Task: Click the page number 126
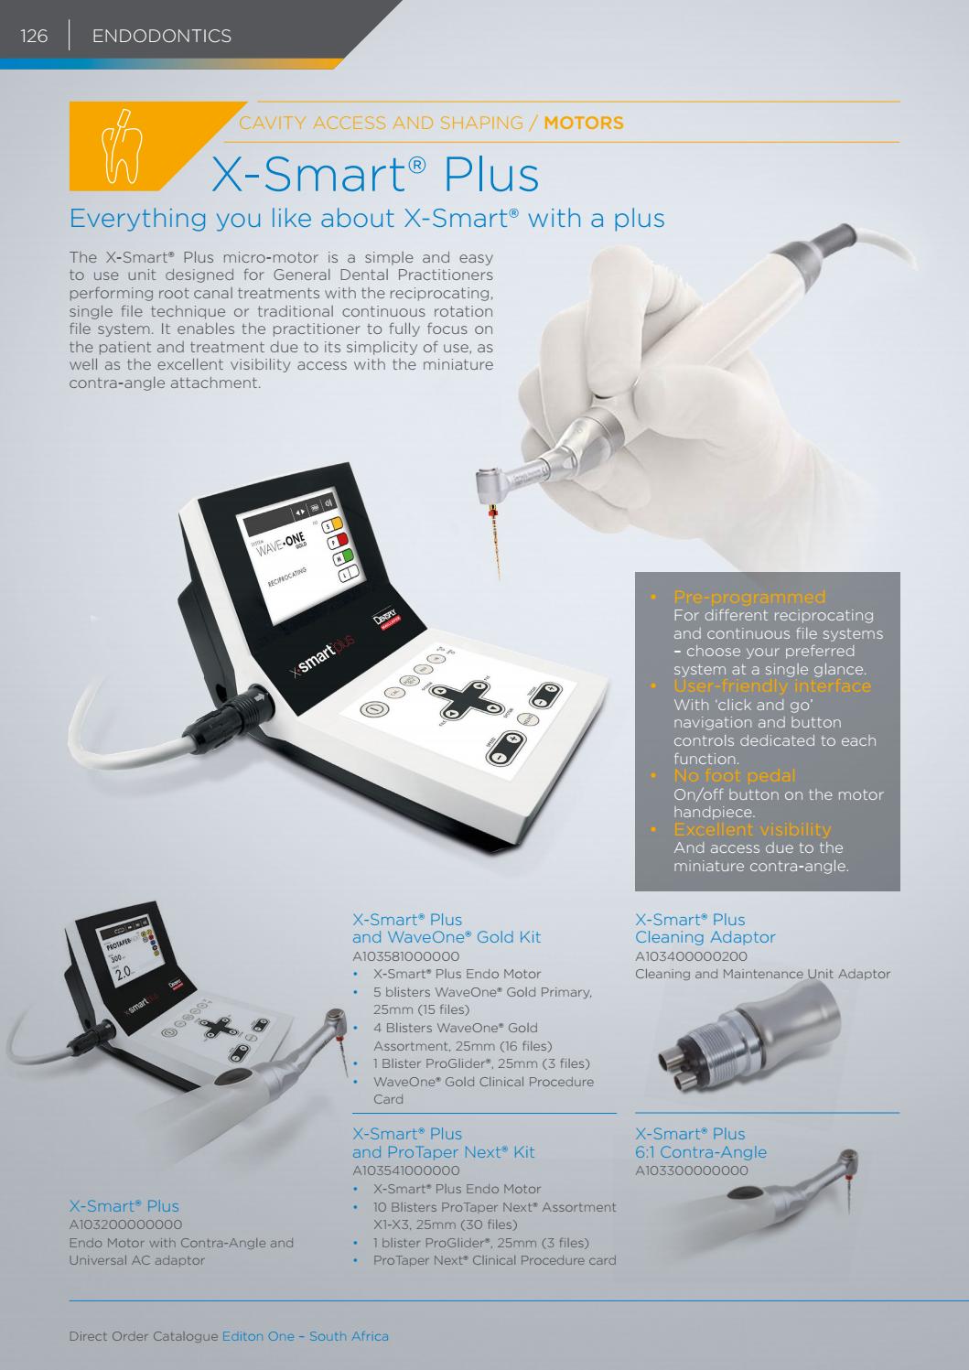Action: (34, 36)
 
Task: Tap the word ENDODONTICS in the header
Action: (161, 36)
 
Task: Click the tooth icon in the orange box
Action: (121, 146)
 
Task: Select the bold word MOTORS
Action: (584, 123)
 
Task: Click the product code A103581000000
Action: (405, 956)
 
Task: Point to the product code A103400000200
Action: (691, 956)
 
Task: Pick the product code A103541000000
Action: (405, 1170)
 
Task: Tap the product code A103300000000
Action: (692, 1170)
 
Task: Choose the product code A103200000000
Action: (125, 1224)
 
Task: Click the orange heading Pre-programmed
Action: (749, 597)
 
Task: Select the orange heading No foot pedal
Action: (734, 775)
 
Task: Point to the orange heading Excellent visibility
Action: (752, 829)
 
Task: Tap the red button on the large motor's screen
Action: (339, 541)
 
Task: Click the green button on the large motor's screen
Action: (344, 556)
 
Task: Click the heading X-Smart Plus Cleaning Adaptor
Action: (705, 928)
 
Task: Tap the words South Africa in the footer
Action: (349, 1336)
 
